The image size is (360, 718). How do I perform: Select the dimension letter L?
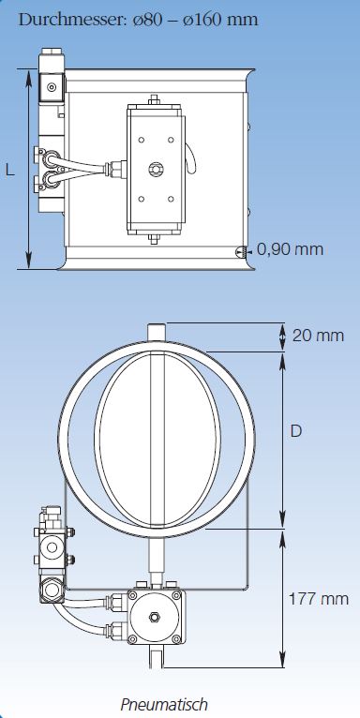[9, 171]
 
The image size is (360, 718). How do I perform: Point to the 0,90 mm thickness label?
[290, 249]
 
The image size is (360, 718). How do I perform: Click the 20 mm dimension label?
[318, 336]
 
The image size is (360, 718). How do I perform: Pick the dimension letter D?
[296, 431]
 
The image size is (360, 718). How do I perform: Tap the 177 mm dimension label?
[319, 599]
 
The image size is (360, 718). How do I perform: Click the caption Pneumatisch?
[164, 704]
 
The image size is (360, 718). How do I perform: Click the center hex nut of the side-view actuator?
[156, 170]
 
